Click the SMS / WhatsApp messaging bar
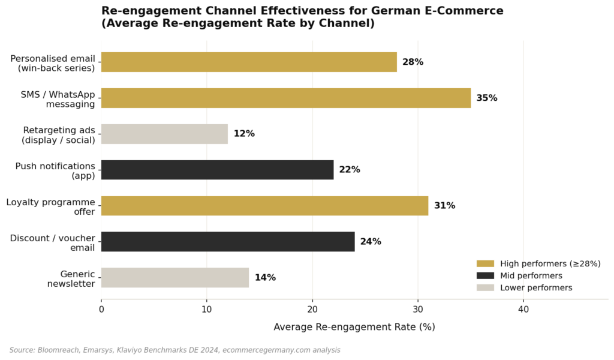pos(285,98)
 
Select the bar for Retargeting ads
pos(164,134)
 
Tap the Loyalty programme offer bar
pos(264,206)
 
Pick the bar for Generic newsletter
pos(174,278)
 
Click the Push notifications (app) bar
pos(217,170)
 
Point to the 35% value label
pos(487,98)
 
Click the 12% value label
pos(244,134)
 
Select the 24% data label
pos(371,242)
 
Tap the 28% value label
pos(413,62)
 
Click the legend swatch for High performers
pos(485,263)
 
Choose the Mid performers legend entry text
pos(531,275)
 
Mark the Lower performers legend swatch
pos(485,287)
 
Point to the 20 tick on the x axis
pos(312,310)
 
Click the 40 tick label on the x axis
pos(523,310)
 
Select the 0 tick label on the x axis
pos(101,310)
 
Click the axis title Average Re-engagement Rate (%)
pos(354,327)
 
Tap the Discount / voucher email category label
pos(53,242)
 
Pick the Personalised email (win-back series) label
pos(53,63)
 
